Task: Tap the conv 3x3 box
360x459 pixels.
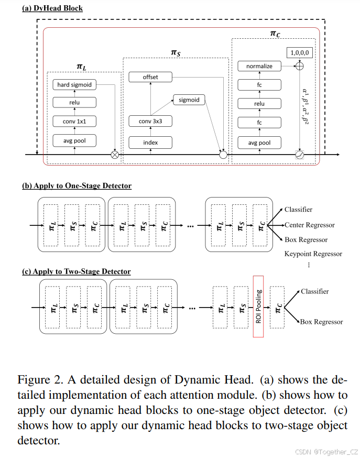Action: [x=150, y=122]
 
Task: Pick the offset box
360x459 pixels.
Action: [x=150, y=77]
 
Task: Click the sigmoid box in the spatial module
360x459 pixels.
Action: [x=189, y=100]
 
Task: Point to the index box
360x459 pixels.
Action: [x=150, y=142]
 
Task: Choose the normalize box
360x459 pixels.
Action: [x=259, y=67]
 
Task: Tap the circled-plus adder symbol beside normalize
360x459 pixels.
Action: [x=300, y=67]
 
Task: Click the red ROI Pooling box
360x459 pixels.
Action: [x=258, y=307]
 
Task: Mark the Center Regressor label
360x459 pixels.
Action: [x=310, y=225]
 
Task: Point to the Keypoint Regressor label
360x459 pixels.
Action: [x=313, y=254]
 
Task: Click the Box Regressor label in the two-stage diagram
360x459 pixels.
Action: [x=321, y=322]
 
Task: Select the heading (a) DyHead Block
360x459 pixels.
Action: [x=52, y=8]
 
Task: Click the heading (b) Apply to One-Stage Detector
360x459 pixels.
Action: [x=77, y=185]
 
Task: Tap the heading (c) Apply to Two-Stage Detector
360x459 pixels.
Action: [x=76, y=271]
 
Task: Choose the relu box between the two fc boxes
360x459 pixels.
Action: [x=259, y=104]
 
